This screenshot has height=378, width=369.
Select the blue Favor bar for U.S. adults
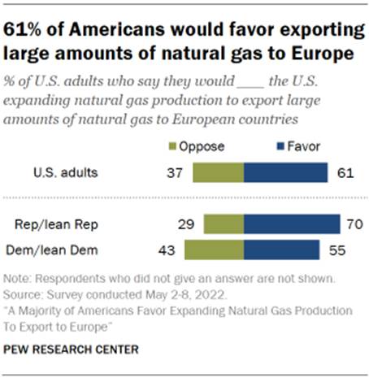(x=285, y=173)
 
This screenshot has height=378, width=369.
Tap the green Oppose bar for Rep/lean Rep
(x=224, y=224)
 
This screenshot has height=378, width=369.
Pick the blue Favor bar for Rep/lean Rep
(x=292, y=224)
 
